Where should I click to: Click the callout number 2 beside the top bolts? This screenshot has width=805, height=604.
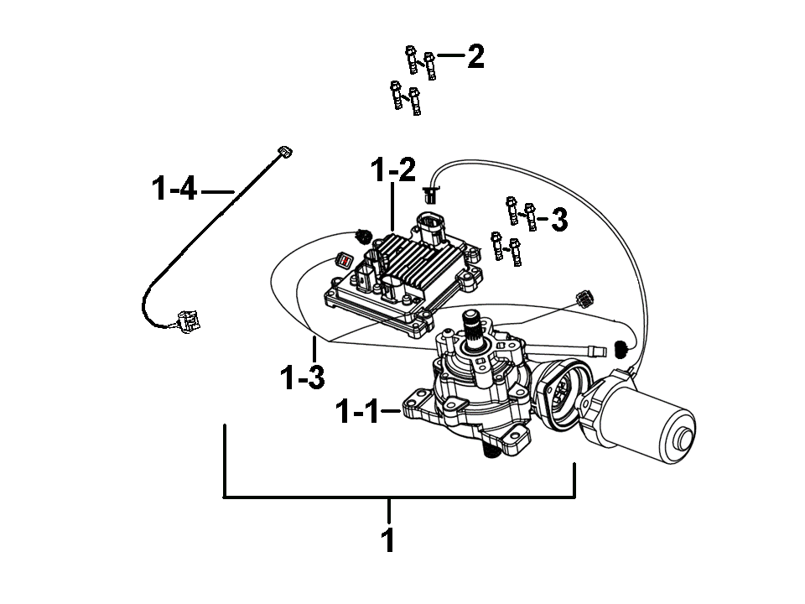(475, 56)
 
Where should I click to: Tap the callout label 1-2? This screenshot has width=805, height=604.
(393, 170)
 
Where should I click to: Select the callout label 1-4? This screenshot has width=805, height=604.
(174, 188)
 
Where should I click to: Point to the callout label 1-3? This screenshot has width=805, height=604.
(303, 377)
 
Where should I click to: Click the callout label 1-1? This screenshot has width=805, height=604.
(358, 412)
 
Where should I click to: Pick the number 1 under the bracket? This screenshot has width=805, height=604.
(388, 539)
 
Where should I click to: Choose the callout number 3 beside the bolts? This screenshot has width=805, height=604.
(559, 219)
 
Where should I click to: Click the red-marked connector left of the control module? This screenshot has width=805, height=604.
(343, 260)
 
